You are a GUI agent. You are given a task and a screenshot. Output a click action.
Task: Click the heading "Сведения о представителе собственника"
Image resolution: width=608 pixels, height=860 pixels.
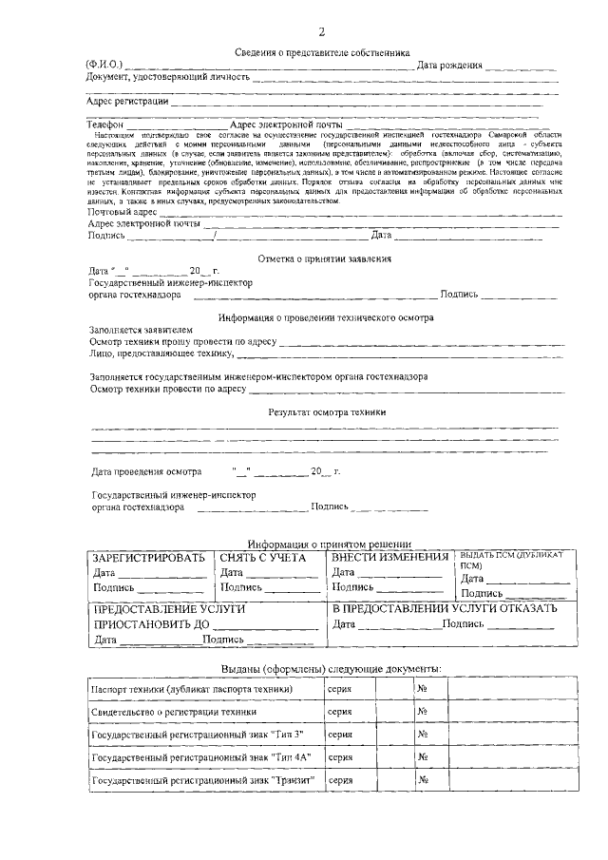(x=322, y=53)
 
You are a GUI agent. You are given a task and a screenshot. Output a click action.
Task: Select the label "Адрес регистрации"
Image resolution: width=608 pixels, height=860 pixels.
(x=127, y=100)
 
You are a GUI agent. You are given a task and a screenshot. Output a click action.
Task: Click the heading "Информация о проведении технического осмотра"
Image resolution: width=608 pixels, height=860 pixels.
(x=325, y=317)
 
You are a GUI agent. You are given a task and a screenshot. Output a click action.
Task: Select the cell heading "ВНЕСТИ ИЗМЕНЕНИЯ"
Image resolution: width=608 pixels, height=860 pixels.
(x=390, y=557)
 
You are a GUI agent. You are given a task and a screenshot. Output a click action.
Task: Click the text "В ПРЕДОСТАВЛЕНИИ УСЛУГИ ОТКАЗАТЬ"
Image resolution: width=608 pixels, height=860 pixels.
(x=444, y=607)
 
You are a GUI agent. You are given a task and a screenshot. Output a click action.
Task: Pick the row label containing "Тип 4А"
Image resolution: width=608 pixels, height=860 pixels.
(x=201, y=756)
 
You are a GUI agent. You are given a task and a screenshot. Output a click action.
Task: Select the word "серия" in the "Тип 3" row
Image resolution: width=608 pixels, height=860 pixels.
(x=340, y=734)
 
